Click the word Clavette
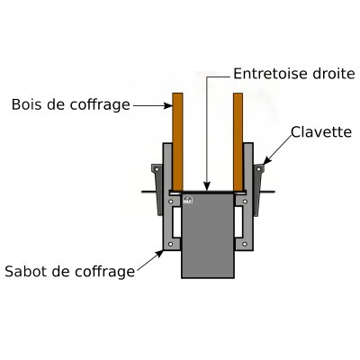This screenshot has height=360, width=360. (321, 132)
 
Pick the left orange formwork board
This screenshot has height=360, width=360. (177, 142)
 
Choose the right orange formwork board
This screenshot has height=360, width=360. (238, 142)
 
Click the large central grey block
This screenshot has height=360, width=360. (208, 236)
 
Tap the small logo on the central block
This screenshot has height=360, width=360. (188, 200)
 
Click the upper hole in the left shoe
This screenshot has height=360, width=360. (171, 202)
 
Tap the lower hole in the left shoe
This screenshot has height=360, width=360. (171, 244)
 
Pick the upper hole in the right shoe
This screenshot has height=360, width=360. (245, 202)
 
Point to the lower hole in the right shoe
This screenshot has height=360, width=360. (245, 244)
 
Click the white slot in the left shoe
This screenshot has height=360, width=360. (176, 222)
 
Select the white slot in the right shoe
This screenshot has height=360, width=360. (238, 222)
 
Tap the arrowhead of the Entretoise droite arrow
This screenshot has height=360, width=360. (207, 186)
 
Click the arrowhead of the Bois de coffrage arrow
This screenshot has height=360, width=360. (168, 105)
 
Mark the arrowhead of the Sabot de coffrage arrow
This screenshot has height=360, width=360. (160, 254)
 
